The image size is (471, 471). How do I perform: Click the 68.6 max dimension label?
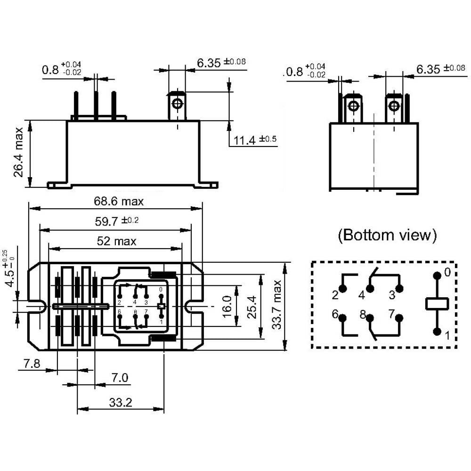[118, 202]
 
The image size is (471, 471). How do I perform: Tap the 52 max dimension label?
[116, 242]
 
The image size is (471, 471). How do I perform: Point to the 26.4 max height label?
[19, 152]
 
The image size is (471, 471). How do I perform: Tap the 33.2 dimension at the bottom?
[121, 403]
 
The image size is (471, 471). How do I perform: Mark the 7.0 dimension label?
[120, 378]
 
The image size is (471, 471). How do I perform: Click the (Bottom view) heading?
[387, 235]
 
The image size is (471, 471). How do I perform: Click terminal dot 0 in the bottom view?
[437, 275]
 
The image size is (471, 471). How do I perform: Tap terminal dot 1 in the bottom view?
[437, 333]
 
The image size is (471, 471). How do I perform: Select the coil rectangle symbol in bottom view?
[437, 304]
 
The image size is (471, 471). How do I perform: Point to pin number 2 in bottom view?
[335, 295]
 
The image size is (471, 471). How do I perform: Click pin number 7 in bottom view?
[390, 314]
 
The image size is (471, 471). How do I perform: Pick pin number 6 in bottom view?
[335, 314]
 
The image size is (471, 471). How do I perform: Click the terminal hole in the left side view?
[177, 103]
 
